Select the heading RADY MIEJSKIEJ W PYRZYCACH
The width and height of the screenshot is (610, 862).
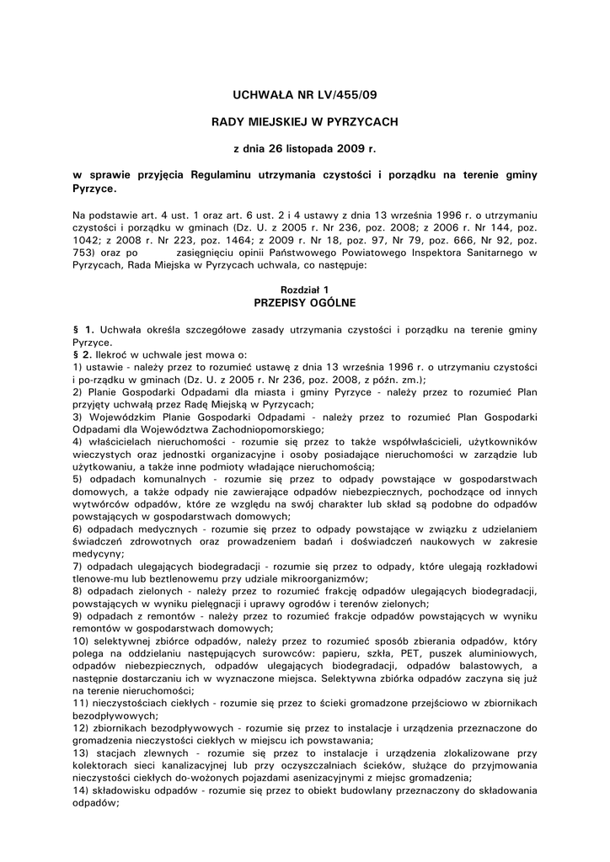coord(304,122)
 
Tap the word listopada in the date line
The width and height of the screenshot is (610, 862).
coord(306,148)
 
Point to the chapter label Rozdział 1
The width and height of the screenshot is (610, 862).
coord(304,289)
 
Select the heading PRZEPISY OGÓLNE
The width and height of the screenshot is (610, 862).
coord(304,301)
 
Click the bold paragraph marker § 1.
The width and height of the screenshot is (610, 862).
coord(83,326)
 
